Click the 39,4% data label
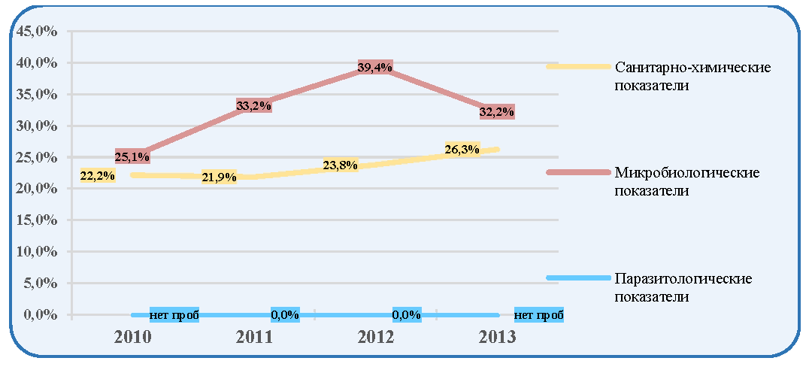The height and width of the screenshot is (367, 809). tap(375, 67)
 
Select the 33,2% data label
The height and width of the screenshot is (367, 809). tap(254, 106)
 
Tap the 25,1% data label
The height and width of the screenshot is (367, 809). tap(132, 156)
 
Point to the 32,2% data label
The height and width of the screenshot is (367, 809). tap(497, 112)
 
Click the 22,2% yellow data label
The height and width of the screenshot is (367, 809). tap(98, 175)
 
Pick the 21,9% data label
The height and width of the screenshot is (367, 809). tap(220, 177)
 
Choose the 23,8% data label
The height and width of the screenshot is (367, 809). tap(341, 165)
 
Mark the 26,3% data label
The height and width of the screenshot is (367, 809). tap(462, 150)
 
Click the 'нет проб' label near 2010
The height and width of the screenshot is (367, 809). tap(174, 315)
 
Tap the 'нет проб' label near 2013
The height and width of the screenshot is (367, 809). tap(539, 315)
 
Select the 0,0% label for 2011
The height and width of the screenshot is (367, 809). tap(285, 315)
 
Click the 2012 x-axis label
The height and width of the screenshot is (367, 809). tap(376, 337)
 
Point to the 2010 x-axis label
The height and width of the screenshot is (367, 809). tap(132, 337)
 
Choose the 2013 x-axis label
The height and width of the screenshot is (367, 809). tap(498, 337)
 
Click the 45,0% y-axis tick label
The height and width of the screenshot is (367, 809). tap(37, 32)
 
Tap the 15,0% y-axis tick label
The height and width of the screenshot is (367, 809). tap(37, 220)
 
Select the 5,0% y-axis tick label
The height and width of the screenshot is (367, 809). tap(41, 284)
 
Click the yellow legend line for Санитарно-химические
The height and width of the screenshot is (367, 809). tap(578, 67)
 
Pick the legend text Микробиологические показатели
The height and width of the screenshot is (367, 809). tap(686, 181)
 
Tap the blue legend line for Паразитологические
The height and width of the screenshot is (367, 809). tap(578, 278)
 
